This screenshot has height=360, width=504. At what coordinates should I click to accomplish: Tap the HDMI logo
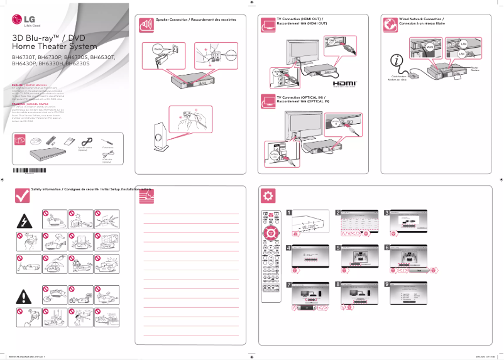tap(344, 83)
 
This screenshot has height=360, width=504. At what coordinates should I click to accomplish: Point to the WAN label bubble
tap(430, 47)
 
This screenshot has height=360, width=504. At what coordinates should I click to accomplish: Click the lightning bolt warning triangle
tap(24, 222)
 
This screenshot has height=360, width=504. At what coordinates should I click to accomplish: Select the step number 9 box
tap(386, 284)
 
